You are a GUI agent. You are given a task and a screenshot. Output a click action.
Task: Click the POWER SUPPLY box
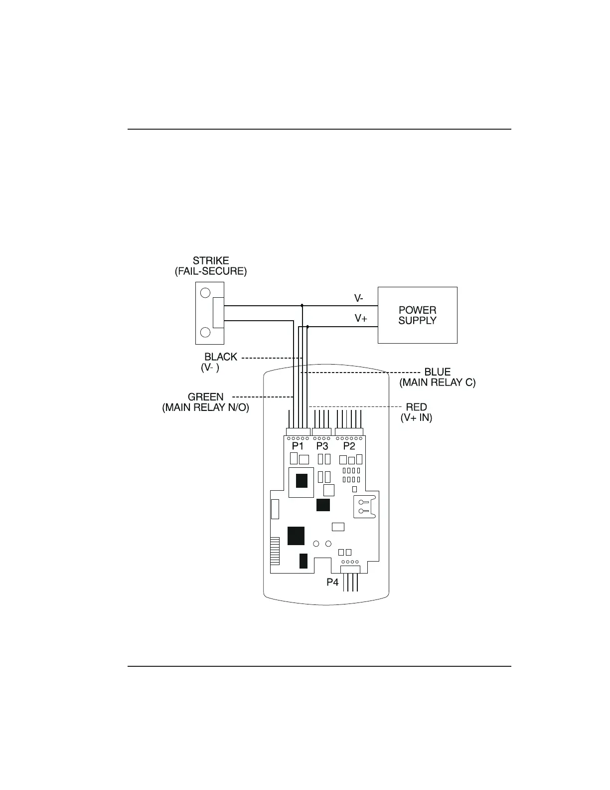tap(417, 315)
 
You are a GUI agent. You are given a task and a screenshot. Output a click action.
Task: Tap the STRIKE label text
tap(211, 260)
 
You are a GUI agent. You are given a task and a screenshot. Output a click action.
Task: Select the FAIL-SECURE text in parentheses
tap(211, 272)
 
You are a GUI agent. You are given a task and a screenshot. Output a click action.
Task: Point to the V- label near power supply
tap(359, 298)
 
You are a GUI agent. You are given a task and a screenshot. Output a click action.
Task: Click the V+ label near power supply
tap(361, 318)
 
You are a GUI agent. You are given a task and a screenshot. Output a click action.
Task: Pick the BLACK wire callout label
tap(221, 357)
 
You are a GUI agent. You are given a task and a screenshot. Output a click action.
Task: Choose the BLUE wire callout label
tap(437, 372)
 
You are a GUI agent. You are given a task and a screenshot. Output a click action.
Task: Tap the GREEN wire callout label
tap(205, 397)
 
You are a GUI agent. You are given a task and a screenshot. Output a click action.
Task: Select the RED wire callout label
tap(416, 407)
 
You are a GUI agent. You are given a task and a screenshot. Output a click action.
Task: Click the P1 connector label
tap(298, 446)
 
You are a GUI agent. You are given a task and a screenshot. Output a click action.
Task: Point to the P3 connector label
tap(322, 446)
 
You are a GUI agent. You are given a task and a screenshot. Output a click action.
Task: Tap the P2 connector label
tap(349, 446)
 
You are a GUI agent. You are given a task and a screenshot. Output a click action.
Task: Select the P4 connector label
tap(332, 582)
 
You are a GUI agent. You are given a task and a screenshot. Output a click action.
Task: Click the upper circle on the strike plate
tap(205, 292)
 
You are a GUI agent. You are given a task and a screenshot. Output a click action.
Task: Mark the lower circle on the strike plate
tap(205, 332)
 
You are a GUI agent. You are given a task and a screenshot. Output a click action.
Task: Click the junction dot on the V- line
tap(302, 305)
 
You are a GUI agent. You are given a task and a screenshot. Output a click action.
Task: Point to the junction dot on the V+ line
tap(307, 327)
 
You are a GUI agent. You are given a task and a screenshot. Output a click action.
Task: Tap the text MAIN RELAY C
tap(438, 383)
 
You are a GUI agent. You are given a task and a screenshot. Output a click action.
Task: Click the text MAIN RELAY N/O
tap(205, 408)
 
